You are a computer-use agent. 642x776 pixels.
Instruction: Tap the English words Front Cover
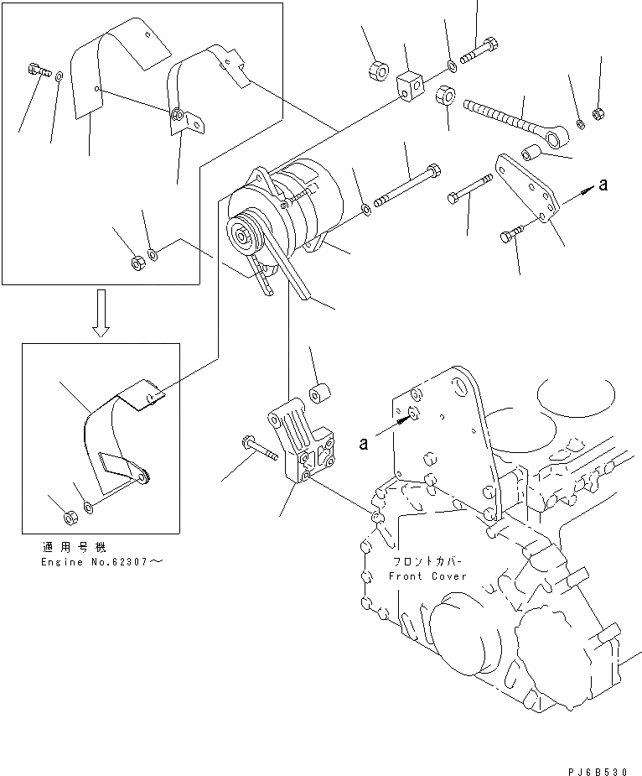tap(427, 576)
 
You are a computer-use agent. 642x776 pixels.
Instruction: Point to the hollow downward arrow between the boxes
tap(101, 313)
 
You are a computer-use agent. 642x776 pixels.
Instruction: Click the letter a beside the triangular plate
tap(603, 185)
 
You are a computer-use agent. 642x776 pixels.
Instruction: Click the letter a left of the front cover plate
tap(363, 444)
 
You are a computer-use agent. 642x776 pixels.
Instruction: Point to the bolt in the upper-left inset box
tap(39, 70)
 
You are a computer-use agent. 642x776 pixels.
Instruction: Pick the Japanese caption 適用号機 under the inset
tap(66, 546)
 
